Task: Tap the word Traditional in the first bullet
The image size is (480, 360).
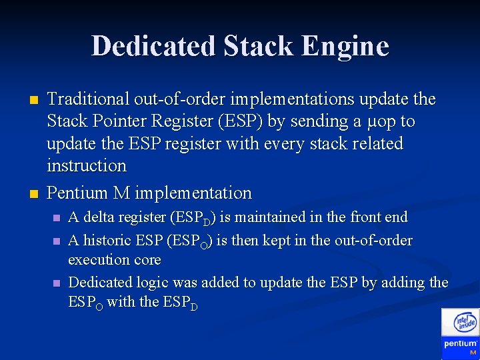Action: coord(88,99)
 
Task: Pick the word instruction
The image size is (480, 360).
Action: coord(86,165)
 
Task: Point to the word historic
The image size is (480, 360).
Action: coord(109,240)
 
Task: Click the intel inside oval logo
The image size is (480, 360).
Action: coord(465,323)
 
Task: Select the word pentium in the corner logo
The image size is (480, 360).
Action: coord(460,343)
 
